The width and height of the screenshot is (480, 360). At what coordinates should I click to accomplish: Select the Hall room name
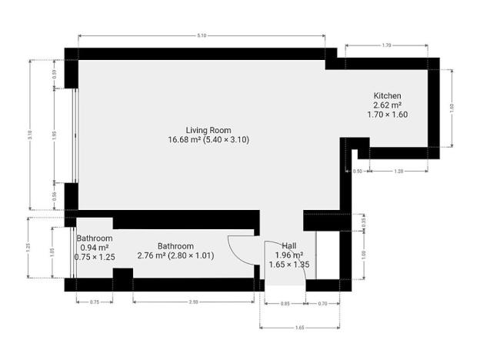coord(289,245)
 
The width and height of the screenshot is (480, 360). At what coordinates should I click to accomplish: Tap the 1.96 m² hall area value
coord(289,255)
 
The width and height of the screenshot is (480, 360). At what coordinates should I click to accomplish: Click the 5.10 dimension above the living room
coord(202,36)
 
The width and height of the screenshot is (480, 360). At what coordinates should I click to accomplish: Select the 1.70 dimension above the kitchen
coord(387,46)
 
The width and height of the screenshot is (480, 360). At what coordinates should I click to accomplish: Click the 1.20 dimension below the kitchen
coord(398,171)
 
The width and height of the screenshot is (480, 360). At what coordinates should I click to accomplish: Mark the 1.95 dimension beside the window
coord(54,135)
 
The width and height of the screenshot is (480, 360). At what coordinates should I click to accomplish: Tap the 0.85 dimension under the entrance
coord(285,305)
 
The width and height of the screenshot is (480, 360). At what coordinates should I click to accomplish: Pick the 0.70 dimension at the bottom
coord(323,305)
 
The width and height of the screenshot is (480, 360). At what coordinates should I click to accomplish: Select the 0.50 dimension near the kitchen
coord(358,171)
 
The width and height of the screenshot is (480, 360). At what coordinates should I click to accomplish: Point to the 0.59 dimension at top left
coord(54,75)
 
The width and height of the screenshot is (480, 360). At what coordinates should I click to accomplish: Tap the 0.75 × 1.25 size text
coord(95,257)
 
